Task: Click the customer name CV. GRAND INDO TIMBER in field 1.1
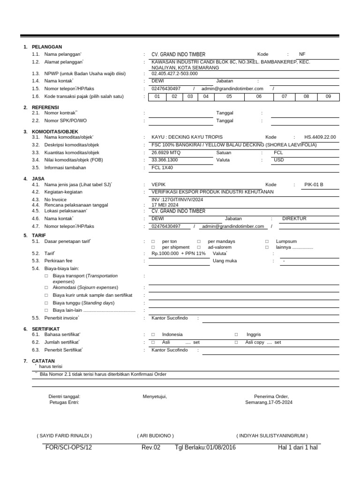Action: tap(178, 54)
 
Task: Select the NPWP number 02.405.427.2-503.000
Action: tap(174, 74)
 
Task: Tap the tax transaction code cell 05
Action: tap(229, 97)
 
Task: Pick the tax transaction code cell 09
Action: tap(328, 97)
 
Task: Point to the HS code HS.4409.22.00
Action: tap(320, 137)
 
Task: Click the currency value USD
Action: tap(279, 160)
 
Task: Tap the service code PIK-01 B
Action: tap(314, 185)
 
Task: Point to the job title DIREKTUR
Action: tap(294, 219)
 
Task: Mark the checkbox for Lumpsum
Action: tap(267, 241)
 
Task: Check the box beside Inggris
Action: tap(236, 335)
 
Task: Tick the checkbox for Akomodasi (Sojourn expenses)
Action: tap(46, 287)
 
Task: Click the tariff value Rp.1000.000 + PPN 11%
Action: tap(179, 254)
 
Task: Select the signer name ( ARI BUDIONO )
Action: tap(155, 435)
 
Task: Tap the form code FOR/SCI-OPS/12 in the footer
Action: tap(68, 448)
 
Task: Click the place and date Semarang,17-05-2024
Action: tap(269, 403)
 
